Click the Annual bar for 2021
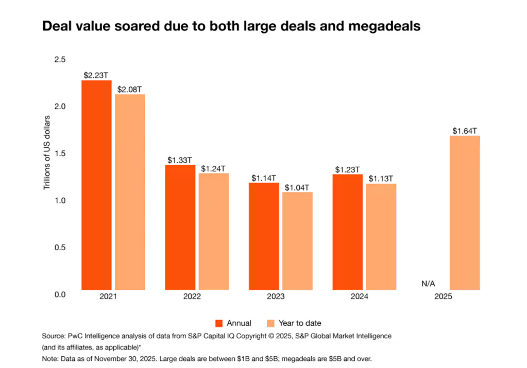(96, 185)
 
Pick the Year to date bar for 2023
(298, 241)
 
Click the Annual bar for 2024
(348, 232)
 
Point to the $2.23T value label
(97, 75)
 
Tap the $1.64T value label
(465, 131)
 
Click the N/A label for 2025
(429, 284)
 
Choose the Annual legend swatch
(219, 323)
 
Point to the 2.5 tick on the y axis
(60, 60)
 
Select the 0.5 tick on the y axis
(60, 248)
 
